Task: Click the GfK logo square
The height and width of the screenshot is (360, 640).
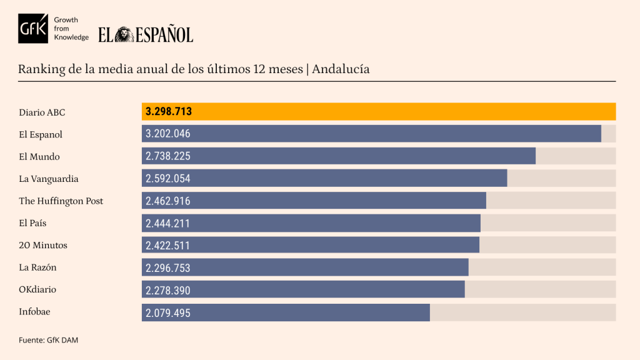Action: pyautogui.click(x=33, y=28)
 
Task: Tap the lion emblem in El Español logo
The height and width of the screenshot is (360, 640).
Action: pyautogui.click(x=124, y=34)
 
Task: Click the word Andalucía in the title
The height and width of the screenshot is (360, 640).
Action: pyautogui.click(x=341, y=69)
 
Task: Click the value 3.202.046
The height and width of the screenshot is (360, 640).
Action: pyautogui.click(x=168, y=134)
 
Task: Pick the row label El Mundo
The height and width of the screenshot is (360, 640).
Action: pyautogui.click(x=39, y=156)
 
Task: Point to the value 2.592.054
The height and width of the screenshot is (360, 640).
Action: pyautogui.click(x=168, y=179)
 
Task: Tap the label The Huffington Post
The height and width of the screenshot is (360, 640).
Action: pyautogui.click(x=61, y=201)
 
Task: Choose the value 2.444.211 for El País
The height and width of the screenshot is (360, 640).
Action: pyautogui.click(x=168, y=223)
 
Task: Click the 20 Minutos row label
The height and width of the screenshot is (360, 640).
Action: pyautogui.click(x=43, y=245)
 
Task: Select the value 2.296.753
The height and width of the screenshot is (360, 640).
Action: pyautogui.click(x=168, y=267)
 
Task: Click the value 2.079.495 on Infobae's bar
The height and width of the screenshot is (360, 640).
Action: pyautogui.click(x=168, y=312)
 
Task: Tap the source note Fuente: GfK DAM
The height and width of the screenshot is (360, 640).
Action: pyautogui.click(x=49, y=340)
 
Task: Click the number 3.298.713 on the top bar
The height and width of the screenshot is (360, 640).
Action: pyautogui.click(x=169, y=112)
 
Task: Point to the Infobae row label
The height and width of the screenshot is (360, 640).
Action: pyautogui.click(x=36, y=312)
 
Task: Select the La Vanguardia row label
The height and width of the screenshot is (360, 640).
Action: pyautogui.click(x=49, y=179)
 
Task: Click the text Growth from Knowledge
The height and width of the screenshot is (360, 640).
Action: pyautogui.click(x=71, y=29)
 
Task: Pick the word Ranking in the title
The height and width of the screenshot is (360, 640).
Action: pyautogui.click(x=41, y=69)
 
